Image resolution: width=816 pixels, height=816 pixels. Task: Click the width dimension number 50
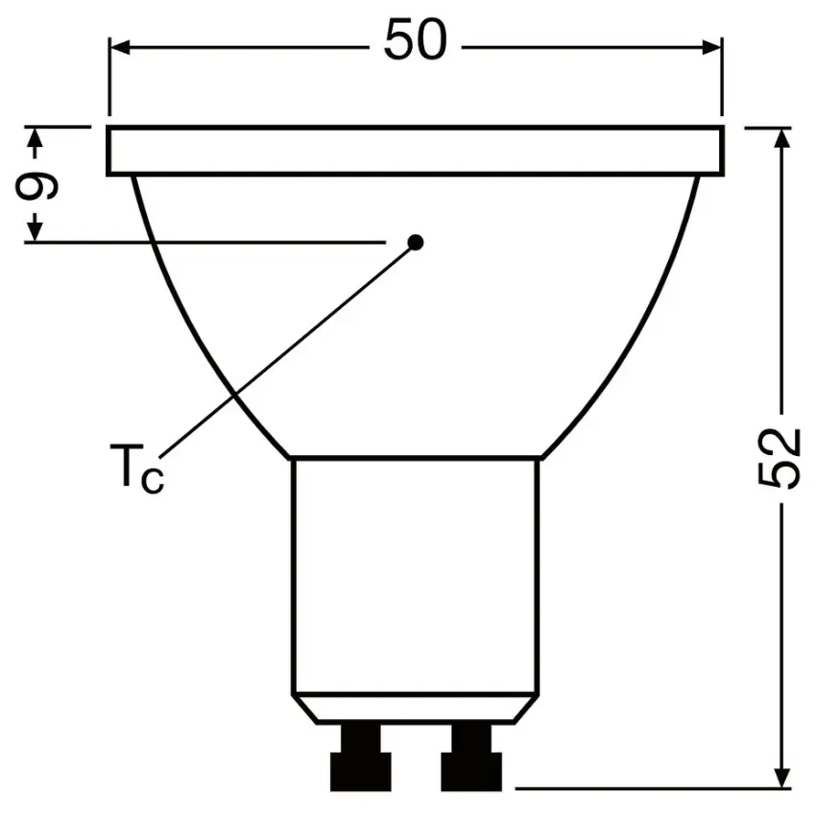415,42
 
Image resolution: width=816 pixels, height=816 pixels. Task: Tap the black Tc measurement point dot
416,242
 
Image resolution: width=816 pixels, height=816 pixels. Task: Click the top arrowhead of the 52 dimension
782,136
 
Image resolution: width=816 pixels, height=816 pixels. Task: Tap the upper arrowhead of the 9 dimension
36,139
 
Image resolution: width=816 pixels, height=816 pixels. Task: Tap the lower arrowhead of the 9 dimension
36,230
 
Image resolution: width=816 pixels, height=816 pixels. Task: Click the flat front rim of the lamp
415,151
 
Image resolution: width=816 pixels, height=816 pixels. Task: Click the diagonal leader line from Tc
288,348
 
